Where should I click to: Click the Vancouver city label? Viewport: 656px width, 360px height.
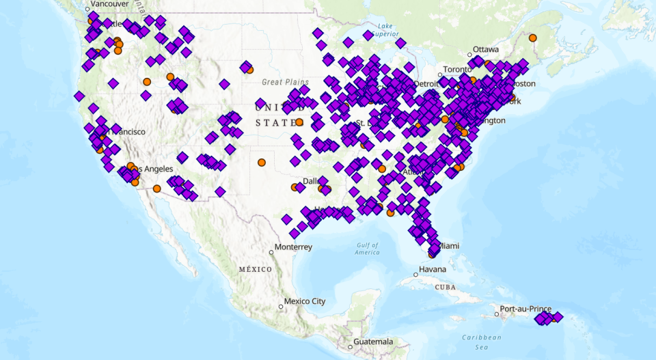point(109,4)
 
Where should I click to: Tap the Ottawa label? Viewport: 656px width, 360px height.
point(486,50)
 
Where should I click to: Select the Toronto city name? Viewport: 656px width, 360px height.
point(457,70)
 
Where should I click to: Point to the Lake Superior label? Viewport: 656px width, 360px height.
point(385,30)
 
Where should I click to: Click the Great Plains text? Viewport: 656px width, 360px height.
point(286,82)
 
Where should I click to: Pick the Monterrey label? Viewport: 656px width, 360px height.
point(293,247)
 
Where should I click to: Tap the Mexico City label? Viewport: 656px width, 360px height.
point(305,301)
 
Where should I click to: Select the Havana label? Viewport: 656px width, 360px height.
point(433,269)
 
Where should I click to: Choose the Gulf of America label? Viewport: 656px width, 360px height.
point(367,249)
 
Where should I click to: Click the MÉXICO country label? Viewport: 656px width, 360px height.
point(255,270)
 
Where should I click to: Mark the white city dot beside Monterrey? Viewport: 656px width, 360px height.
point(271,252)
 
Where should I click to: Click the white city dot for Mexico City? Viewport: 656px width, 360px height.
point(281,307)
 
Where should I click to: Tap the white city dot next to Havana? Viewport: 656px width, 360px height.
point(414,275)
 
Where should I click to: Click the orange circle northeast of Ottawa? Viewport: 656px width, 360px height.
point(533,38)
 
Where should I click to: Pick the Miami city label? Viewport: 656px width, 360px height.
point(448,246)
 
